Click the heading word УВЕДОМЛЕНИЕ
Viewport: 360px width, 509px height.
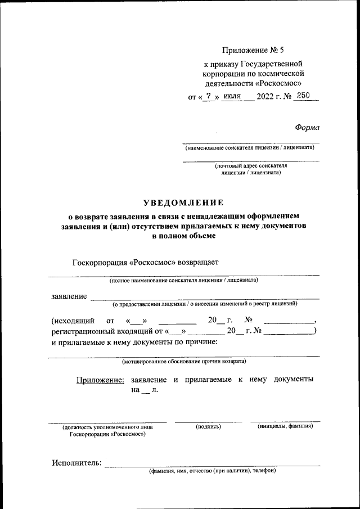click(183, 202)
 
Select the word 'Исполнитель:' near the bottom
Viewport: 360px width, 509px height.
click(76, 463)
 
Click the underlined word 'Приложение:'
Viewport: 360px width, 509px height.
click(100, 380)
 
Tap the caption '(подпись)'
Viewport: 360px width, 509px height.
click(208, 427)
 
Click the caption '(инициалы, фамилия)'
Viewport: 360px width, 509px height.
click(285, 427)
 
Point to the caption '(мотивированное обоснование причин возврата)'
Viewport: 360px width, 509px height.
click(183, 362)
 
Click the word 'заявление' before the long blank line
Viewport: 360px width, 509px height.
click(69, 296)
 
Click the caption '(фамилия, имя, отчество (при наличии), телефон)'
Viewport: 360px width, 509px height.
click(212, 471)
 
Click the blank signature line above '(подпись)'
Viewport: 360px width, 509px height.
click(208, 421)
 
